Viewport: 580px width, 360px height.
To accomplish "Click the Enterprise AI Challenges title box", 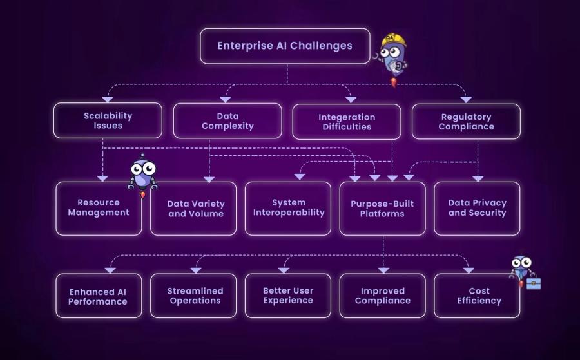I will (285, 46).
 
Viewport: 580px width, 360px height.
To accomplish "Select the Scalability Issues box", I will (108, 120).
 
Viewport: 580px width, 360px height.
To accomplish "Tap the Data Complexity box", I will (227, 120).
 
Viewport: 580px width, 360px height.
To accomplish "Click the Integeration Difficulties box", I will (347, 122).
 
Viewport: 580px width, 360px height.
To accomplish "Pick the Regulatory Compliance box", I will (466, 122).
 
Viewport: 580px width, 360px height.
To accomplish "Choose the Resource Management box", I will (99, 208).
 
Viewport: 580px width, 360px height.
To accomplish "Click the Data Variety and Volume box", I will (193, 208).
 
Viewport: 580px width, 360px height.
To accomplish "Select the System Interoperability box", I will (288, 208).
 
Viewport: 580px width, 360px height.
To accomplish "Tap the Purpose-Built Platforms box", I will (382, 208).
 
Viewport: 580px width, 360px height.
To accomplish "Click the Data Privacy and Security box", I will (477, 208).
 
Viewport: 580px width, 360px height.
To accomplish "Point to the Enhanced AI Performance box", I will (99, 296).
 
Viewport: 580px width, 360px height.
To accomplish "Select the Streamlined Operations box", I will (193, 296).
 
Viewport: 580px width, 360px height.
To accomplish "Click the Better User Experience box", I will (288, 296).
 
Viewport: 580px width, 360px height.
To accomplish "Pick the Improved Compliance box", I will (382, 296).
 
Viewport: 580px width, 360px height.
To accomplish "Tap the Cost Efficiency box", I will (477, 296).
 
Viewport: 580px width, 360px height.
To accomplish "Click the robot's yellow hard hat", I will (394, 41).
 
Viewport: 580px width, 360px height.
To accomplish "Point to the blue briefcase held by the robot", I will (533, 283).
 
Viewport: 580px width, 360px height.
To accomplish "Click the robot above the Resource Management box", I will (142, 174).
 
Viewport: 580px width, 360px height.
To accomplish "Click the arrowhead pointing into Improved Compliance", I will (383, 269).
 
